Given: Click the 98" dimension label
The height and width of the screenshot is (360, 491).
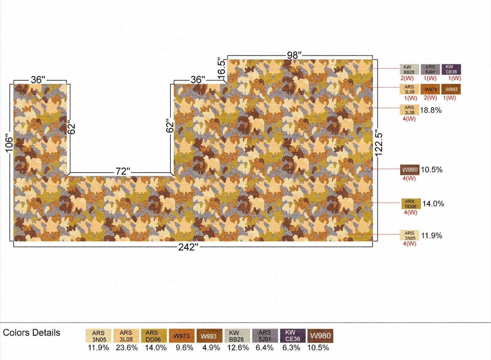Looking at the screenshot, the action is click(294, 55).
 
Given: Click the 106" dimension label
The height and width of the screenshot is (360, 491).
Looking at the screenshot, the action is click(9, 145).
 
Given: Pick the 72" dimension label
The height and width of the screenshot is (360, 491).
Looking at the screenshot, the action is click(123, 171).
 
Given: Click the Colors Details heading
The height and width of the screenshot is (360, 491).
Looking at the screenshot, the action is click(31, 332).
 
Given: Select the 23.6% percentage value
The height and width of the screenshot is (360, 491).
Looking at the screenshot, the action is click(127, 348).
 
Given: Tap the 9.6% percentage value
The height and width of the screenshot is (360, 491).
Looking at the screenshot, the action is click(184, 348).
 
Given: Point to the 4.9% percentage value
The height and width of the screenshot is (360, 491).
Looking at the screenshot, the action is click(211, 348).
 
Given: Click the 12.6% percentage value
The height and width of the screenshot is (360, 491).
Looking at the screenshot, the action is click(238, 348).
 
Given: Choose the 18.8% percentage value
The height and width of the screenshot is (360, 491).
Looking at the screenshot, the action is click(431, 110).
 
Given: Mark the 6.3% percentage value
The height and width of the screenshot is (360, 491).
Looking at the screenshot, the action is click(291, 348).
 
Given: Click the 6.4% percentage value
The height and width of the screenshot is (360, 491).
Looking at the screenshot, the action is click(265, 348).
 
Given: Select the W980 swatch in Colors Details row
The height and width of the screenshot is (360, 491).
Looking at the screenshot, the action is click(321, 336).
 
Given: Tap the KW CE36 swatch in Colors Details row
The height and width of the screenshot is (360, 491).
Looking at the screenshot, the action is click(293, 336).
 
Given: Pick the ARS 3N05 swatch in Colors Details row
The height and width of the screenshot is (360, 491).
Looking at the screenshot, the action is click(98, 336).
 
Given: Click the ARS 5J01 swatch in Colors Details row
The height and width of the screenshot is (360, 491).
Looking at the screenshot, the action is click(265, 336).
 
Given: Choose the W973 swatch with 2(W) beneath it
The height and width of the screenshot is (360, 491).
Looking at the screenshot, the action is click(431, 89).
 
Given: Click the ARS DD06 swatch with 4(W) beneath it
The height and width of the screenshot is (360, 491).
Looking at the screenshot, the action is click(411, 204).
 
